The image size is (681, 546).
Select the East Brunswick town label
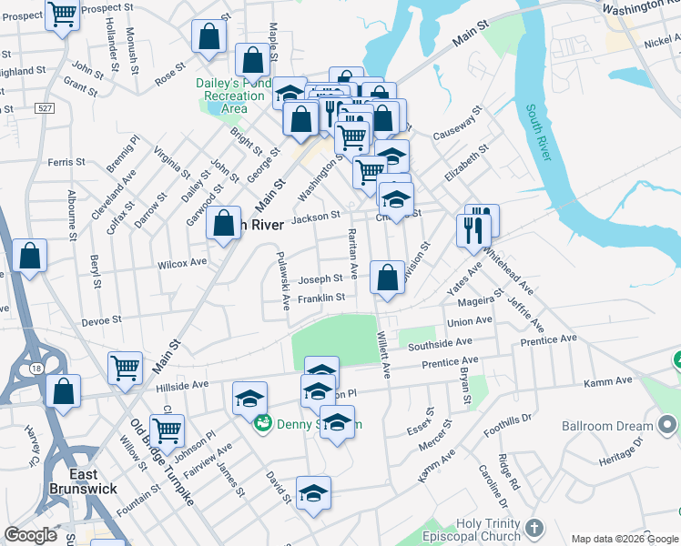click(x=96, y=481)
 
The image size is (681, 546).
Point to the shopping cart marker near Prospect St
click(x=62, y=15)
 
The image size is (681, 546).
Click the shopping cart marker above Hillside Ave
click(x=125, y=369)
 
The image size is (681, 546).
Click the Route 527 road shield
click(x=42, y=107)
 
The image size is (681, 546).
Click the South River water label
click(x=538, y=133)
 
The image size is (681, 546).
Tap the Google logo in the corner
click(x=31, y=535)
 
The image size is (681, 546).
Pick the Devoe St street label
click(x=101, y=321)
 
